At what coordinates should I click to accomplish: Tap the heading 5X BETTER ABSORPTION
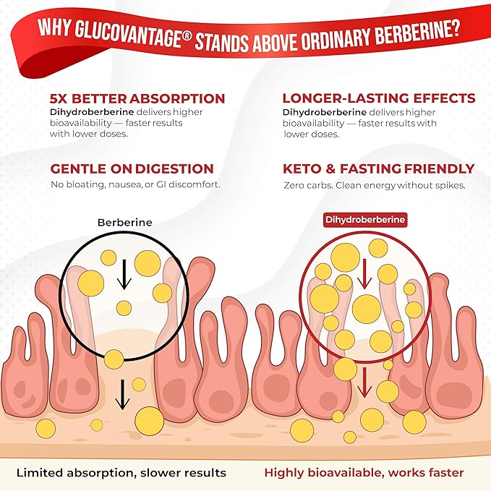(137, 98)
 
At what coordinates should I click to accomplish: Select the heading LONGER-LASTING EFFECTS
(379, 98)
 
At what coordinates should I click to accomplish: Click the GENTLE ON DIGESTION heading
(133, 169)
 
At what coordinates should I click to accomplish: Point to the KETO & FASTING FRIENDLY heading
(379, 169)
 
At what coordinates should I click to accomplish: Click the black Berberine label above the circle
(125, 223)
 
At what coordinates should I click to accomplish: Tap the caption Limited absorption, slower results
(121, 473)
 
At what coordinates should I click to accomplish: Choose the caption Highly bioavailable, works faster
(364, 473)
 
